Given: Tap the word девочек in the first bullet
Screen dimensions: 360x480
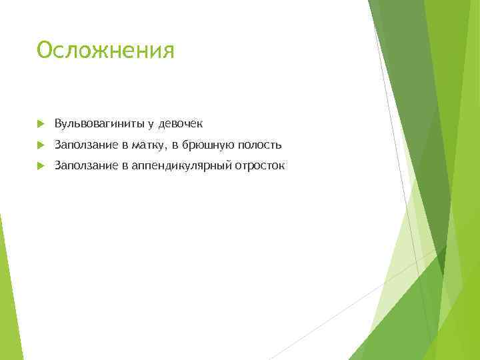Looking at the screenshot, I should [180, 123].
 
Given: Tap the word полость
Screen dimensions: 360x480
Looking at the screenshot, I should [258, 145].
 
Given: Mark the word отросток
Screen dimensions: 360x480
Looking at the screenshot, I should [259, 166].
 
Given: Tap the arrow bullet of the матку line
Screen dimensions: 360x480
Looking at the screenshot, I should [41, 145].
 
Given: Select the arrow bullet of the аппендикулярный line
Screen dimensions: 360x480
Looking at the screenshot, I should [41, 167].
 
